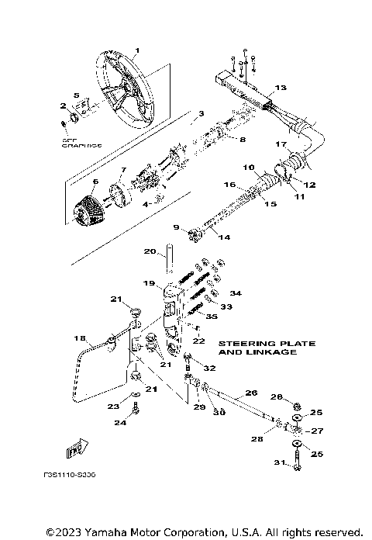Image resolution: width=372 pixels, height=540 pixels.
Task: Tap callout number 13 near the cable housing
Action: (280, 88)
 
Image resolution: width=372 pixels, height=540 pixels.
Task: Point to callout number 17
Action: (282, 144)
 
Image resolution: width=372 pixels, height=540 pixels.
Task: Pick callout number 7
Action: (122, 169)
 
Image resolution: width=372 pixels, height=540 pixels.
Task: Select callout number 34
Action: (236, 293)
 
